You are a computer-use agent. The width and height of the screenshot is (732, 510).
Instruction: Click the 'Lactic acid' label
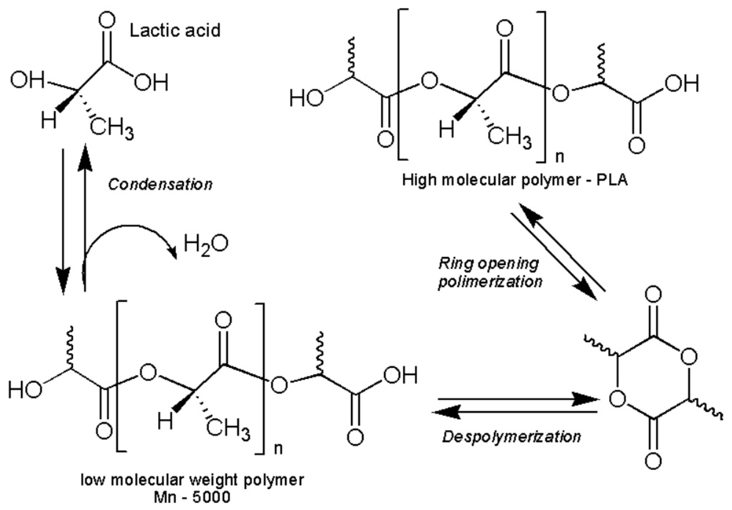[x=175, y=30]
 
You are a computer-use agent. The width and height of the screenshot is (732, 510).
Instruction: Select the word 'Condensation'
[x=161, y=184]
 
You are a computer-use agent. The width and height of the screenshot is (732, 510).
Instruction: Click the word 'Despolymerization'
[x=512, y=437]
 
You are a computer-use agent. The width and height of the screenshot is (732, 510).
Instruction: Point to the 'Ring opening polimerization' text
[x=490, y=273]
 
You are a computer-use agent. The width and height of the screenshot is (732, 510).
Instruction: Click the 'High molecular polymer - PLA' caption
[x=515, y=180]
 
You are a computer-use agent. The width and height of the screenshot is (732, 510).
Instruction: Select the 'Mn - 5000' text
[x=192, y=498]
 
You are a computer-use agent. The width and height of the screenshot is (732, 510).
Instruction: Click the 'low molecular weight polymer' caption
[x=192, y=480]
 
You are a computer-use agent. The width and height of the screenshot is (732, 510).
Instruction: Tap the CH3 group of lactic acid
[x=112, y=129]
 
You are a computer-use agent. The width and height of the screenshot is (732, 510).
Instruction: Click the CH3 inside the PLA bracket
[x=510, y=139]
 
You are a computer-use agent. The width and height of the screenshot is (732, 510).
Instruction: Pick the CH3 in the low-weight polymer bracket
[x=228, y=429]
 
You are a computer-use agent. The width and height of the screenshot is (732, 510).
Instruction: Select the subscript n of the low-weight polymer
[x=278, y=449]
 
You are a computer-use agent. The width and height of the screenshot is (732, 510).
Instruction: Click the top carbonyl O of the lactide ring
[x=653, y=295]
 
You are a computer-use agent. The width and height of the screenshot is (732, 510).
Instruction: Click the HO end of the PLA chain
[x=306, y=98]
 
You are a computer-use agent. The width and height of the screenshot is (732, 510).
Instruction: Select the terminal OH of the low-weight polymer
[x=400, y=376]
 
